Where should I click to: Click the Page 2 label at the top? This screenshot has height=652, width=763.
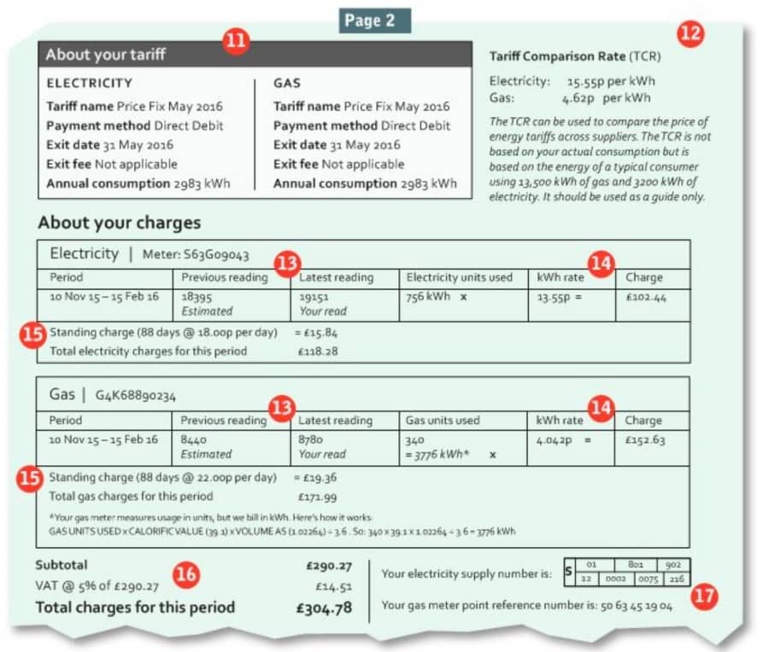[x=374, y=21]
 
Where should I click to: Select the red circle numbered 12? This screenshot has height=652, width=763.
[x=690, y=34]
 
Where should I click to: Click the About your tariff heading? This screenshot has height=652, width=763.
[x=106, y=55]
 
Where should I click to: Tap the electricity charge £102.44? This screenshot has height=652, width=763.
[x=646, y=296]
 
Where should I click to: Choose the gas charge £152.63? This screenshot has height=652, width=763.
[x=646, y=440]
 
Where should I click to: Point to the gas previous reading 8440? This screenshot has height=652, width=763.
[x=197, y=440]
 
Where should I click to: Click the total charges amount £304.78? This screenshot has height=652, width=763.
[x=324, y=608]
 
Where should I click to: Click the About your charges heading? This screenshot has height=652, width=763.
[x=119, y=224]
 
